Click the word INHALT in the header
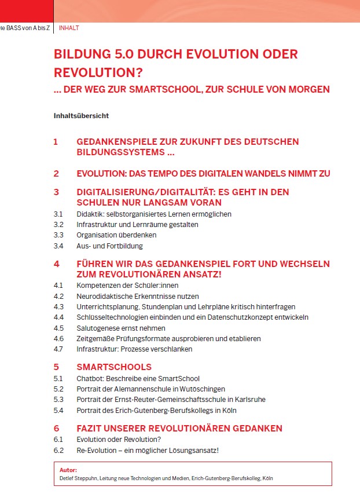pos(69,28)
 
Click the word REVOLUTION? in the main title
pos(98,73)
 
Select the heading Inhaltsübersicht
pos(81,115)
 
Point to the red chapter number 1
pos(56,142)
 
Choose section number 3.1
pos(58,214)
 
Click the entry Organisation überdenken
pos(116,235)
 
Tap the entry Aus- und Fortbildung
pos(109,246)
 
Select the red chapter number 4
pos(56,264)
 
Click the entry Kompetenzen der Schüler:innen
pos(127,286)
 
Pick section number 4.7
pos(58,349)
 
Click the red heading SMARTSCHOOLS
pos(114,367)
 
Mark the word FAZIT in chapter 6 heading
pos(92,429)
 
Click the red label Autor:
pos(68,470)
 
